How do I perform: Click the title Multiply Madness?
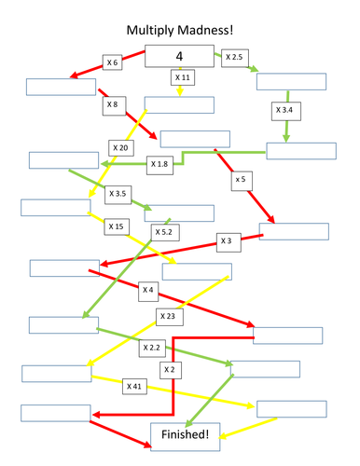click(x=179, y=30)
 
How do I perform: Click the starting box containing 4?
click(x=180, y=56)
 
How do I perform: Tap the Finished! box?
click(x=187, y=432)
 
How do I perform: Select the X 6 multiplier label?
click(x=113, y=62)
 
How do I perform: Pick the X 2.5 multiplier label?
click(x=234, y=58)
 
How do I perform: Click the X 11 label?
click(x=183, y=77)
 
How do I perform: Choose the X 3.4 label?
click(x=285, y=111)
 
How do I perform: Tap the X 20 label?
click(x=121, y=148)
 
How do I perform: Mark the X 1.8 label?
click(x=159, y=164)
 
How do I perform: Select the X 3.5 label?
click(x=118, y=194)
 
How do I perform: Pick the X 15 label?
click(x=116, y=226)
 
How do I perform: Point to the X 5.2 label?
click(x=162, y=231)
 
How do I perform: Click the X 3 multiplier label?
click(x=225, y=240)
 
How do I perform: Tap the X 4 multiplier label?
click(x=147, y=290)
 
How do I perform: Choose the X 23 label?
click(x=168, y=316)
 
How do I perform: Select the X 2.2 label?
click(x=151, y=347)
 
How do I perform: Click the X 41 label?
click(x=134, y=385)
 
